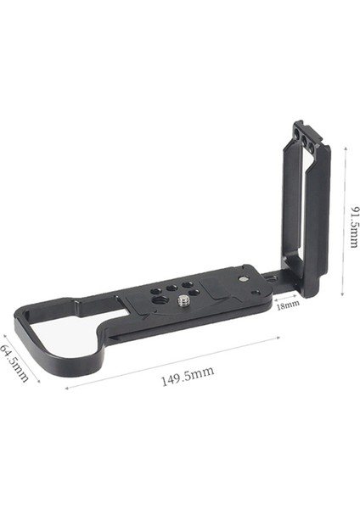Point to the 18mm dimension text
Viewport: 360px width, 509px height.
(287, 303)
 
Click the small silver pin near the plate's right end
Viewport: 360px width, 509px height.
(245, 276)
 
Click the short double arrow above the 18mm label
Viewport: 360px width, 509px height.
(288, 293)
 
